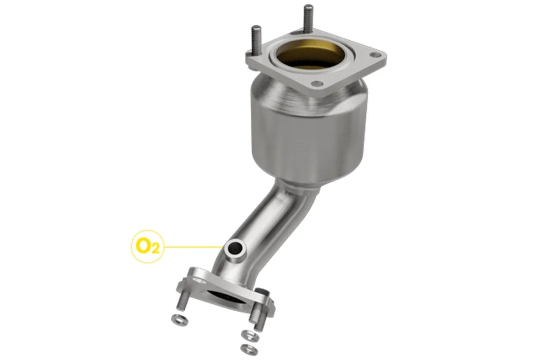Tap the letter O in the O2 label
144,245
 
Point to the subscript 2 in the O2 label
155,249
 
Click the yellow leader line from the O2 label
193,246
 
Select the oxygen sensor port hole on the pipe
235,248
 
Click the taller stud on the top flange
308,20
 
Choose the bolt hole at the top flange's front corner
317,84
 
